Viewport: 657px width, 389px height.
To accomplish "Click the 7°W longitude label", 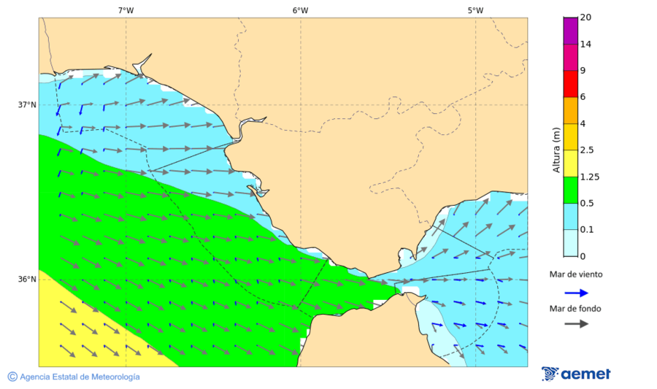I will coord(126,10).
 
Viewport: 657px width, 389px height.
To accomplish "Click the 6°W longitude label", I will coord(300,10).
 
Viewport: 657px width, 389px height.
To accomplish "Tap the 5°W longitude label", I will coord(475,10).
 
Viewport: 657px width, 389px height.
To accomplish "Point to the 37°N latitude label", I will coord(27,104).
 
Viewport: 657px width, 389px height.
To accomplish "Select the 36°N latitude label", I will coord(27,279).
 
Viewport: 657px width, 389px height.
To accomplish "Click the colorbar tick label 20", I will coord(585,18).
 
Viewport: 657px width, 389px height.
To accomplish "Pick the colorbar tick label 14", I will coord(585,44).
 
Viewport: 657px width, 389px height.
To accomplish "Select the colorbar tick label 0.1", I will coord(586,229).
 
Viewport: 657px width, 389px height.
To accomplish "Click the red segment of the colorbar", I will coord(570,83).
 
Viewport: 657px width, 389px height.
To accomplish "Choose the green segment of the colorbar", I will coord(570,189).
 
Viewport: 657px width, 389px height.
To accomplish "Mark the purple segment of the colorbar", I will coord(570,30).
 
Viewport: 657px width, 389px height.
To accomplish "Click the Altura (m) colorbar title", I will coord(556,150).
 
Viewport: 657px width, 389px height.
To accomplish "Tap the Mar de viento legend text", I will coord(576,274).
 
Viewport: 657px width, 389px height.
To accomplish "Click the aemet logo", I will coord(576,374).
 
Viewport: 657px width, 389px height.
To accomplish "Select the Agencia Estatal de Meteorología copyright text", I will coord(74,377).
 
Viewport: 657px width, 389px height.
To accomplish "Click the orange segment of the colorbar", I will coord(570,109).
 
